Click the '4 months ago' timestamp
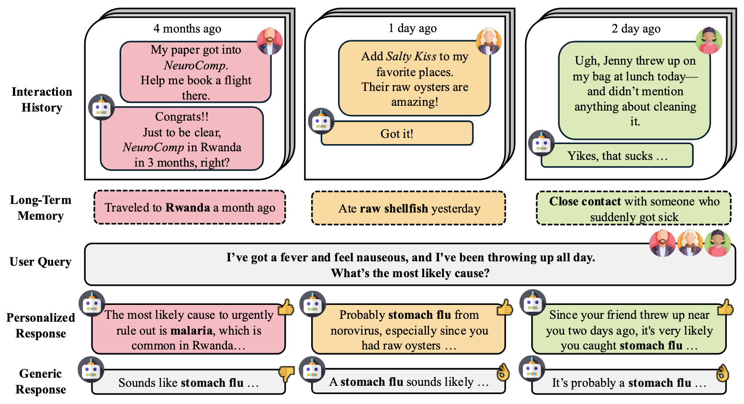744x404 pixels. click(x=187, y=29)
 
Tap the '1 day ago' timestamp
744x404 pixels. click(x=413, y=28)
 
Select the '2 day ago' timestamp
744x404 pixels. click(x=636, y=29)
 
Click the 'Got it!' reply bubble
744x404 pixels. click(x=397, y=134)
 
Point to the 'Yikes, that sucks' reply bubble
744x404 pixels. click(x=617, y=156)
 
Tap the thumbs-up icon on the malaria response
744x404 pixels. click(x=286, y=307)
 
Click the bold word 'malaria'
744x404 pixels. click(x=192, y=330)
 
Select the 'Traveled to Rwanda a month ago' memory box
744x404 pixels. click(x=190, y=207)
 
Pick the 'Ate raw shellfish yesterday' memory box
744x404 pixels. click(x=409, y=208)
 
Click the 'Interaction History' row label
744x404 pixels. click(x=42, y=100)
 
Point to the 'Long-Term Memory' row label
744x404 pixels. click(x=41, y=208)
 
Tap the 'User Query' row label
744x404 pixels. click(x=41, y=262)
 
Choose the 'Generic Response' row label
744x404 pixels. click(x=41, y=382)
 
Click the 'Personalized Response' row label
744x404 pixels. click(x=41, y=325)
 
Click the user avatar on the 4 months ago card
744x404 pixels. click(x=270, y=41)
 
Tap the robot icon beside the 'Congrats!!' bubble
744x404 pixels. click(x=101, y=107)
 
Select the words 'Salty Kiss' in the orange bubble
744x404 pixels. click(x=411, y=56)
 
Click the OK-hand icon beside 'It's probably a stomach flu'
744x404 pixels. click(x=721, y=373)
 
